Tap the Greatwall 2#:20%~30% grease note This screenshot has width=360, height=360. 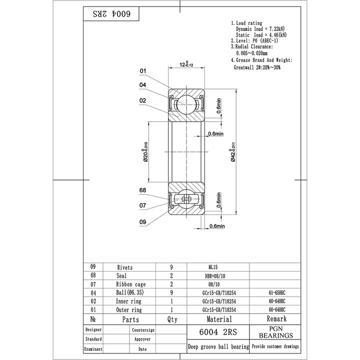[257, 67]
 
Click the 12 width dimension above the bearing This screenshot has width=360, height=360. [186, 64]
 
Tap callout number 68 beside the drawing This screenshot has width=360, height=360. [142, 190]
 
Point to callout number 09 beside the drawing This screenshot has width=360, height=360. [142, 222]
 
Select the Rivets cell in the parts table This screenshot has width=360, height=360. [125, 267]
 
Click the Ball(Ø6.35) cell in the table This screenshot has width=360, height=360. [129, 293]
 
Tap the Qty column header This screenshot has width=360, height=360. [172, 319]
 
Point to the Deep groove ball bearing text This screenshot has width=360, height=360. [218, 346]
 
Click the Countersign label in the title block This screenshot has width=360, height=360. [143, 330]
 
